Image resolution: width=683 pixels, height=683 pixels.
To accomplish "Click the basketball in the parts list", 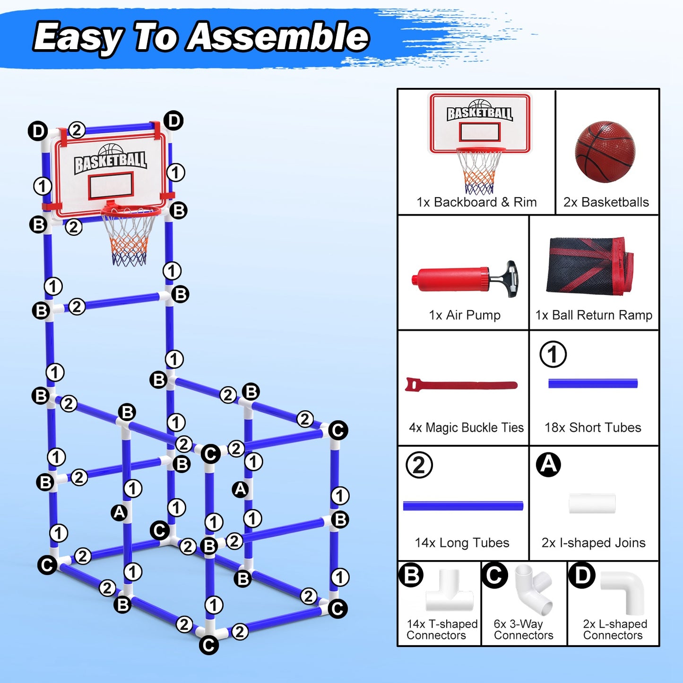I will click(605, 152).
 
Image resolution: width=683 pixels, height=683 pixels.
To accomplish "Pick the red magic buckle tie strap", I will click(461, 385).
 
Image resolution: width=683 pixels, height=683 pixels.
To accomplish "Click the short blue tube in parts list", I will click(593, 383).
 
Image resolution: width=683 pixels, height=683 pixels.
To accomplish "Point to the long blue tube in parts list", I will click(463, 506).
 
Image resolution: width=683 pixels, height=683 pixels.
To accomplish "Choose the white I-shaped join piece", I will click(592, 503).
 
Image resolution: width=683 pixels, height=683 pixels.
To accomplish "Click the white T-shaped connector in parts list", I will click(449, 593).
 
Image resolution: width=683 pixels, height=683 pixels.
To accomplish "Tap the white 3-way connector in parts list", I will click(534, 589).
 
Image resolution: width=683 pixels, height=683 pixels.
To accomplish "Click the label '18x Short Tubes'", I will click(593, 428).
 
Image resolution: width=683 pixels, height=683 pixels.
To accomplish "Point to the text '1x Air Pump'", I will click(464, 315).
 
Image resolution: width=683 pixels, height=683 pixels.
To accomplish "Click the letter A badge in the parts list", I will click(548, 464).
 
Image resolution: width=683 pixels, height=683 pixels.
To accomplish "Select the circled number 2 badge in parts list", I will click(419, 465).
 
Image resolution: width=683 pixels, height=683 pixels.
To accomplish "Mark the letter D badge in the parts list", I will click(582, 575).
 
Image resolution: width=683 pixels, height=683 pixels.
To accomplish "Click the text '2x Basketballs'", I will click(606, 202).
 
